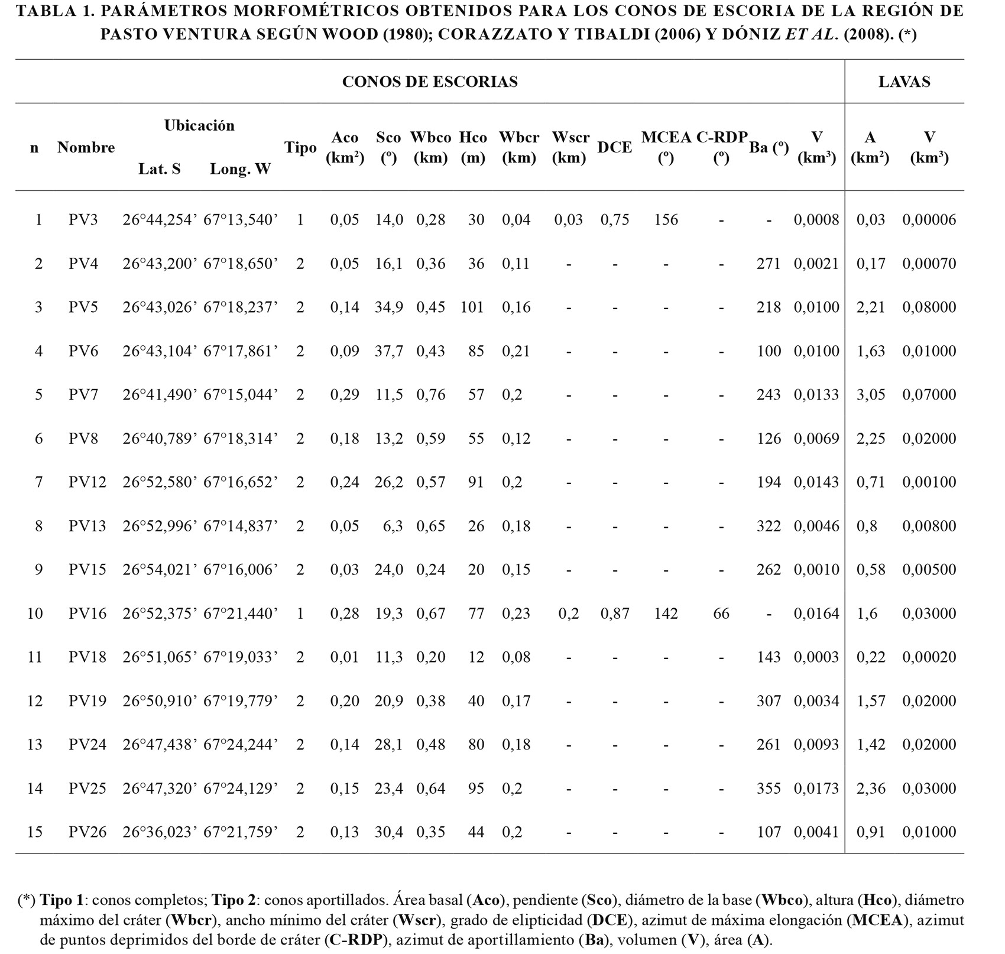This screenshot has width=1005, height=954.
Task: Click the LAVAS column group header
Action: [904, 82]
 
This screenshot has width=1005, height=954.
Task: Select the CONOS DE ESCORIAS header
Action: [430, 82]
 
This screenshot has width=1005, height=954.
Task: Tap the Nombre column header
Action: [86, 147]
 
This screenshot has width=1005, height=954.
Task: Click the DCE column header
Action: [614, 147]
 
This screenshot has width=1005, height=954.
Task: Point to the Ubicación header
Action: [199, 125]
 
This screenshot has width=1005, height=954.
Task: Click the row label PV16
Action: [87, 614]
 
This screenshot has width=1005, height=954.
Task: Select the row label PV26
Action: [87, 832]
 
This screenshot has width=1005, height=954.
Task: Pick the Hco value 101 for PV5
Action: [472, 307]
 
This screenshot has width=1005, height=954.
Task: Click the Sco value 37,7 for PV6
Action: [389, 351]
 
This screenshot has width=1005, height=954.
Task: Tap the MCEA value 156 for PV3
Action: [666, 220]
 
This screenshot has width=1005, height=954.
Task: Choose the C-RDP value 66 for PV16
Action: [721, 614]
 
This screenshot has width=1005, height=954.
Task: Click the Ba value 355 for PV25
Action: [769, 788]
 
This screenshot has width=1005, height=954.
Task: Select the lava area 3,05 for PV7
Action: [871, 395]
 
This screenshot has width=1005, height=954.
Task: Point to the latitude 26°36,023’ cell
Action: [160, 832]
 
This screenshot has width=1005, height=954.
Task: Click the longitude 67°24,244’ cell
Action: [241, 745]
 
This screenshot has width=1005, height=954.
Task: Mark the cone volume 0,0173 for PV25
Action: [816, 788]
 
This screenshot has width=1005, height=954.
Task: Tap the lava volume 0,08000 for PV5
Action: [929, 307]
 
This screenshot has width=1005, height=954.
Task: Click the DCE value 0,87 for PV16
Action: [614, 614]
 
